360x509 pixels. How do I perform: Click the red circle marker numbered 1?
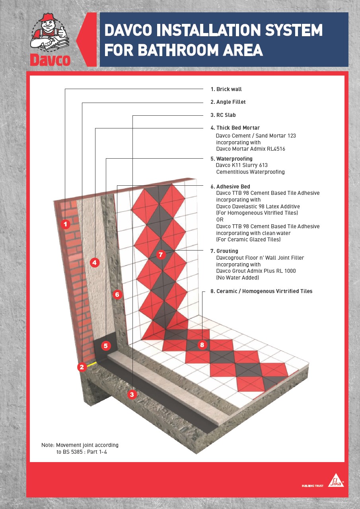(x=66, y=224)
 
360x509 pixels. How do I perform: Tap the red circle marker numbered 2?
(x=82, y=367)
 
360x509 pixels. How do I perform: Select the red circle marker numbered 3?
(x=132, y=394)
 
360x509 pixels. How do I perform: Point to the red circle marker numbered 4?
(x=95, y=263)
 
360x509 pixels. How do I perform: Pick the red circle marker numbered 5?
(x=106, y=346)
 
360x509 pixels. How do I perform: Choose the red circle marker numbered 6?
(x=117, y=295)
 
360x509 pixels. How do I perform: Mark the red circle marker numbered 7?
(x=161, y=254)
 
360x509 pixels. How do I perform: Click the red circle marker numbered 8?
(x=202, y=345)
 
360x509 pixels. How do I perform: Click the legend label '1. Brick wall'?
(x=226, y=89)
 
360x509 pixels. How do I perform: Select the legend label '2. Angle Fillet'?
(x=228, y=102)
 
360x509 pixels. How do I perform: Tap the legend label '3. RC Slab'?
(x=223, y=115)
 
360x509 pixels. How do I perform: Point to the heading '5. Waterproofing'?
(x=232, y=159)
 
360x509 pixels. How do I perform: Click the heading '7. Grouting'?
(x=224, y=251)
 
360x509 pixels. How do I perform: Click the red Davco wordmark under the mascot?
(x=50, y=60)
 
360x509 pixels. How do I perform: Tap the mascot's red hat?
(x=48, y=17)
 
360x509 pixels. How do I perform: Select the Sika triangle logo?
(x=336, y=480)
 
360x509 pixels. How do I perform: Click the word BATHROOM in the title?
(x=178, y=50)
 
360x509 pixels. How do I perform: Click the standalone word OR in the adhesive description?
(x=220, y=220)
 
